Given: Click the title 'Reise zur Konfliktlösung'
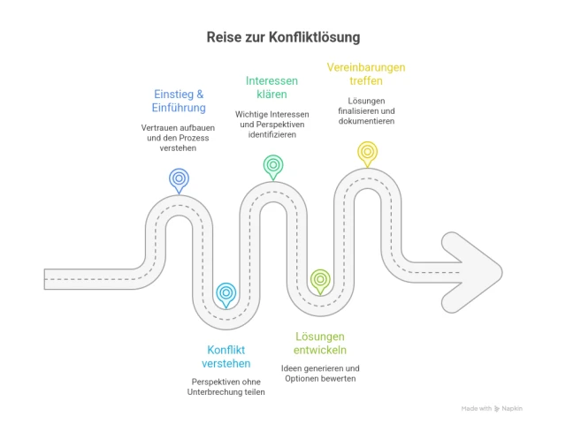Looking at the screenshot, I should click(x=283, y=38).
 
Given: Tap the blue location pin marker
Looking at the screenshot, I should click(x=180, y=179).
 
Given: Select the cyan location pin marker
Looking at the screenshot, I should click(x=226, y=292).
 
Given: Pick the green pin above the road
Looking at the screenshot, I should click(x=273, y=165).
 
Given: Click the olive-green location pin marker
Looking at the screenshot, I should click(x=320, y=281).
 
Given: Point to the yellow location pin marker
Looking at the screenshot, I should click(x=367, y=153).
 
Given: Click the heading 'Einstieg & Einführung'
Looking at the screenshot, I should click(x=180, y=101).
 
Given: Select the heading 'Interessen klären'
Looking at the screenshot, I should click(x=273, y=87).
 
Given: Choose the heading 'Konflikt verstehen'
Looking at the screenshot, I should click(x=227, y=355).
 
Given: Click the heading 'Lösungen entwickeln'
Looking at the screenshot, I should click(x=319, y=343).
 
